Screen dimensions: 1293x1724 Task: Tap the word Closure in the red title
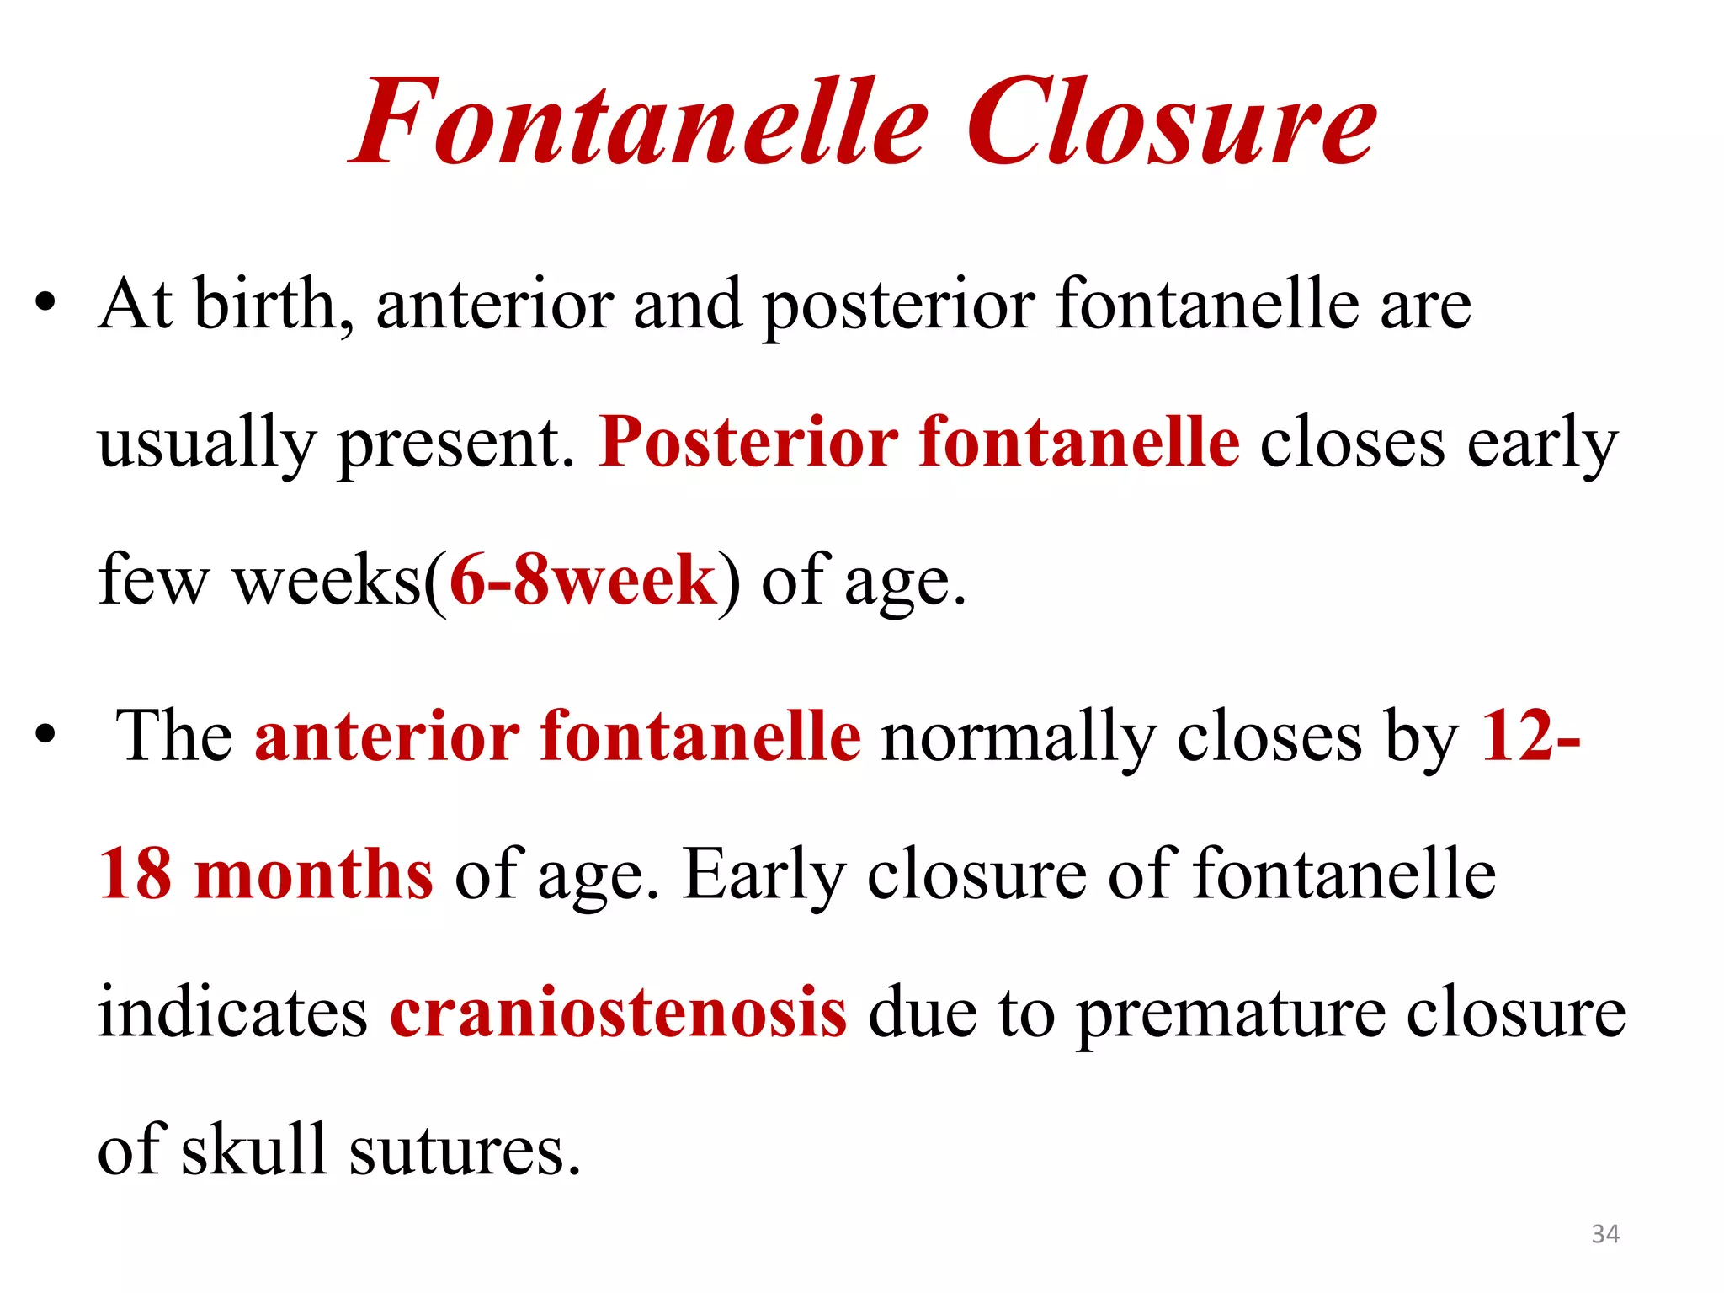pos(1171,122)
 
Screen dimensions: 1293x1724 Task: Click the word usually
pos(206,443)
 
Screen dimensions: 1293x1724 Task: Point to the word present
pos(455,443)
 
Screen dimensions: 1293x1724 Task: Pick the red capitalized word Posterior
pos(748,443)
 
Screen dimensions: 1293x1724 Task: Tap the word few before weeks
pos(152,581)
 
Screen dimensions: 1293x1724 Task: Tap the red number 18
pos(136,874)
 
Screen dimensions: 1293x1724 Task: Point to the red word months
pos(314,874)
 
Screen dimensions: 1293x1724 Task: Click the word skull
pos(253,1150)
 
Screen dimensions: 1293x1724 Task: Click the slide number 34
pos(1605,1234)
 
